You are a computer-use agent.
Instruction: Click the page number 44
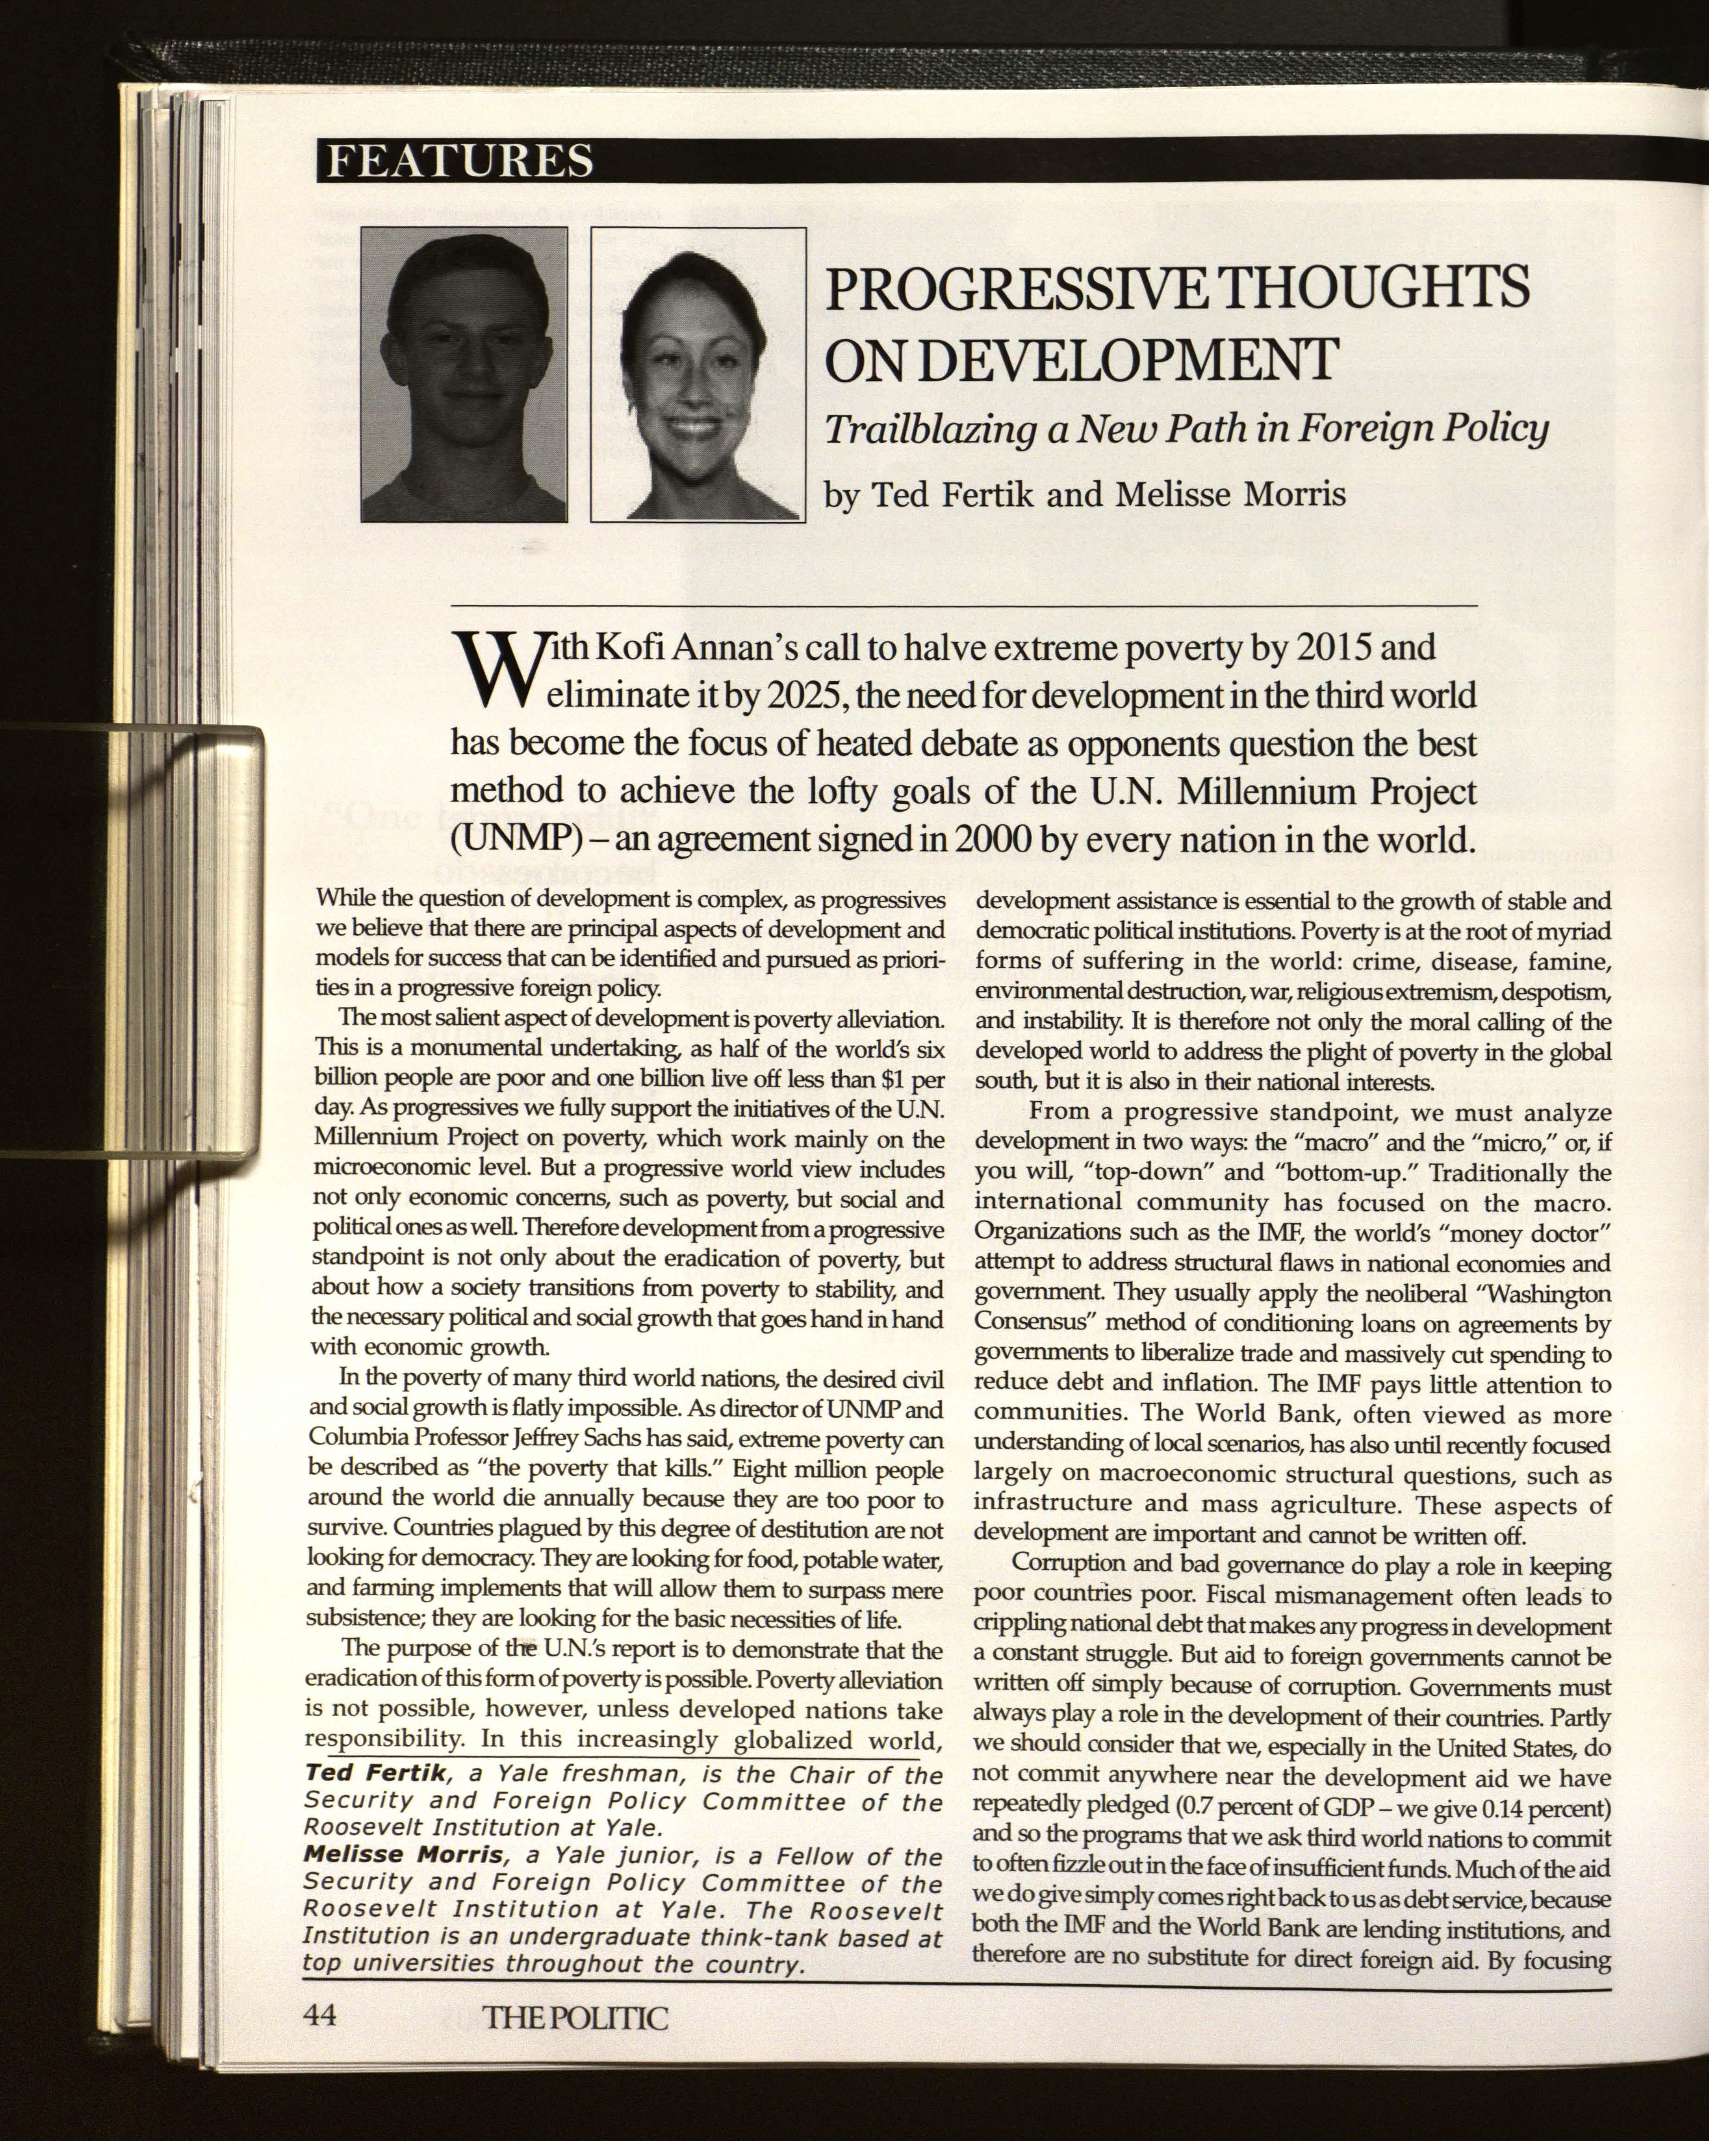pyautogui.click(x=321, y=2015)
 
